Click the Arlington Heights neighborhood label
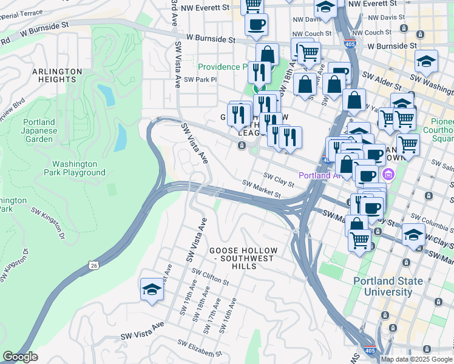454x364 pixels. point(57,76)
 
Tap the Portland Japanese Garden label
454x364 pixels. point(39,130)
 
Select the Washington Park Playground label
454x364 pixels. point(79,168)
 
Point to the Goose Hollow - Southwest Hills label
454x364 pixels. point(243,255)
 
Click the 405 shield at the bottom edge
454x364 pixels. point(369,350)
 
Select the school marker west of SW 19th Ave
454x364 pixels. point(152,289)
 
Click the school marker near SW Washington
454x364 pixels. point(427,61)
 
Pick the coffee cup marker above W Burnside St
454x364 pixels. point(256,25)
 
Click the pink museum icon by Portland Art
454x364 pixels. point(388,175)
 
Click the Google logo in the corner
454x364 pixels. point(20,356)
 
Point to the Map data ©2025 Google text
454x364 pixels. point(416,359)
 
